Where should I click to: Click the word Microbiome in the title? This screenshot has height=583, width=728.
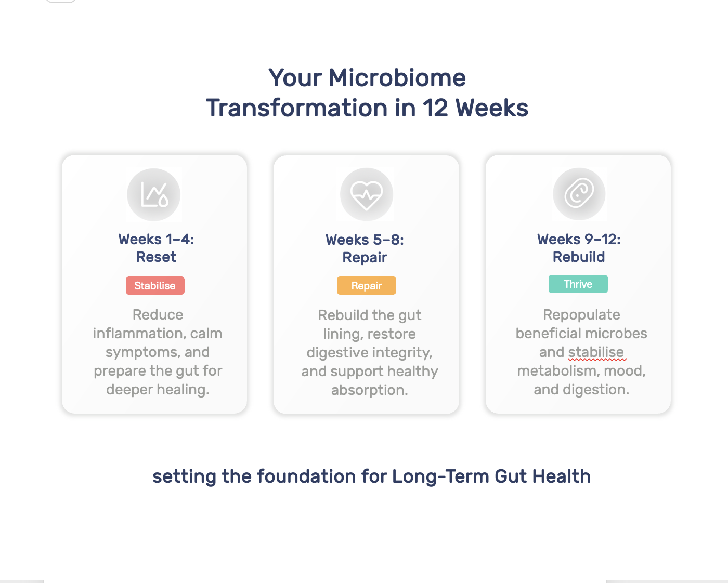pyautogui.click(x=397, y=78)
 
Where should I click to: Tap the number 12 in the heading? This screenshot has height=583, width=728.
pyautogui.click(x=435, y=109)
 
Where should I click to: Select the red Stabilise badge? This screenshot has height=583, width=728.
pyautogui.click(x=155, y=286)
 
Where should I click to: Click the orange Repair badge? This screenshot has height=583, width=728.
pyautogui.click(x=367, y=286)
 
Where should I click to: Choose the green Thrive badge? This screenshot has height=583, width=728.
pyautogui.click(x=578, y=284)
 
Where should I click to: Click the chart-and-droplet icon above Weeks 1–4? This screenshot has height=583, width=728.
pyautogui.click(x=154, y=195)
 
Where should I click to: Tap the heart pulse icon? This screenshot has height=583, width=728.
pyautogui.click(x=367, y=194)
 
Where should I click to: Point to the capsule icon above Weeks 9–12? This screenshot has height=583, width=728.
pyautogui.click(x=579, y=194)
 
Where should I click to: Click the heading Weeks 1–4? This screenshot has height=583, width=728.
pyautogui.click(x=156, y=240)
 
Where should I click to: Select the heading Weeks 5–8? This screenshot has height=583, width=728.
pyautogui.click(x=365, y=240)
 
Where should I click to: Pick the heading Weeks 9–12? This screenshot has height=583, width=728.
pyautogui.click(x=579, y=240)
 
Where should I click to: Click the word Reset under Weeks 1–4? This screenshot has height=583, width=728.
pyautogui.click(x=156, y=257)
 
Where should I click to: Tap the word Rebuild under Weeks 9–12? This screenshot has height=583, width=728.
pyautogui.click(x=579, y=257)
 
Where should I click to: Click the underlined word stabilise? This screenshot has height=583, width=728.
pyautogui.click(x=596, y=352)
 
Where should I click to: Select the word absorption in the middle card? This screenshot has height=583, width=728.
pyautogui.click(x=369, y=390)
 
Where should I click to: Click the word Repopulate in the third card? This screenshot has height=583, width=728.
pyautogui.click(x=581, y=315)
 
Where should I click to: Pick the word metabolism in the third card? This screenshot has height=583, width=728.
pyautogui.click(x=558, y=371)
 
